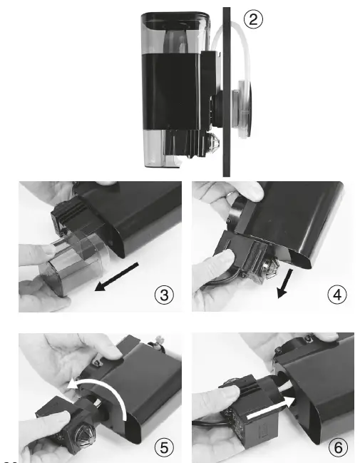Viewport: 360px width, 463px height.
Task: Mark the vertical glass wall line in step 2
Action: pyautogui.click(x=226, y=93)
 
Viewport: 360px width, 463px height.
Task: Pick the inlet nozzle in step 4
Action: pyautogui.click(x=272, y=268)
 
